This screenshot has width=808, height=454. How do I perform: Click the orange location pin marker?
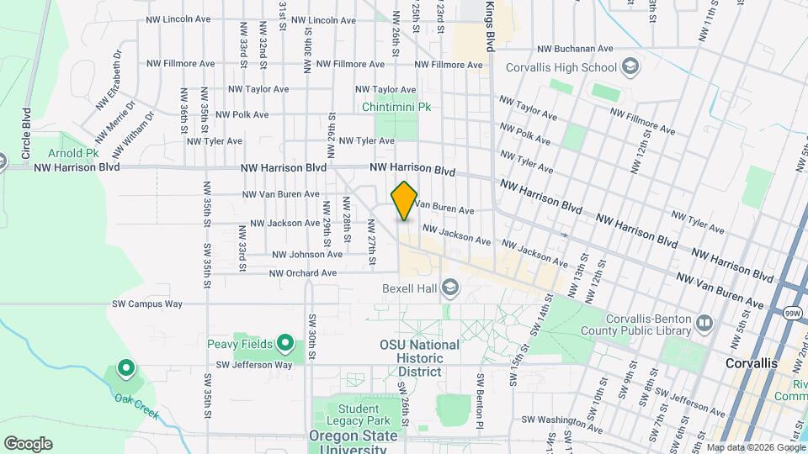(404, 200)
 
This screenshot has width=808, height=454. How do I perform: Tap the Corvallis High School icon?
(630, 66)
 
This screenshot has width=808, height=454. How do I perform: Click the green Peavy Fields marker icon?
(285, 344)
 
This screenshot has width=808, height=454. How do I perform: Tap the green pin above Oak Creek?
(125, 368)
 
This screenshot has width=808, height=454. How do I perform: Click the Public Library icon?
(704, 321)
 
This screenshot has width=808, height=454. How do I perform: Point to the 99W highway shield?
(792, 313)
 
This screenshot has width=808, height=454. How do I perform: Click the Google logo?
(28, 443)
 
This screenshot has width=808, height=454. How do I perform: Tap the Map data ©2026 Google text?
(755, 447)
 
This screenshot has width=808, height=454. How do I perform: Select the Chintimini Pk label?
(396, 107)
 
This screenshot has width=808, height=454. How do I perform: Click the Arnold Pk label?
(73, 153)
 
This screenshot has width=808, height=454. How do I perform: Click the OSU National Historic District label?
(419, 358)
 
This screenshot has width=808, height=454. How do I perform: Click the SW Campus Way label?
(147, 304)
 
